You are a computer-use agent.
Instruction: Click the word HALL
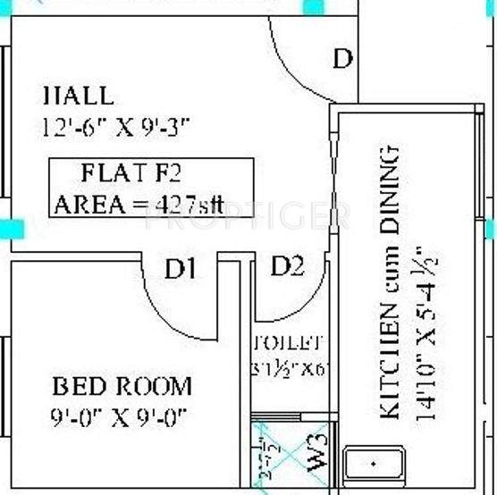click(x=79, y=96)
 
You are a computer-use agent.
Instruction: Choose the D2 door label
click(x=288, y=265)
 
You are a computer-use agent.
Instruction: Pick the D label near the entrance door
click(x=342, y=59)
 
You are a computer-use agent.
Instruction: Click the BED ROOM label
click(x=122, y=387)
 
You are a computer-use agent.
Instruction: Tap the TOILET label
click(x=288, y=342)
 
